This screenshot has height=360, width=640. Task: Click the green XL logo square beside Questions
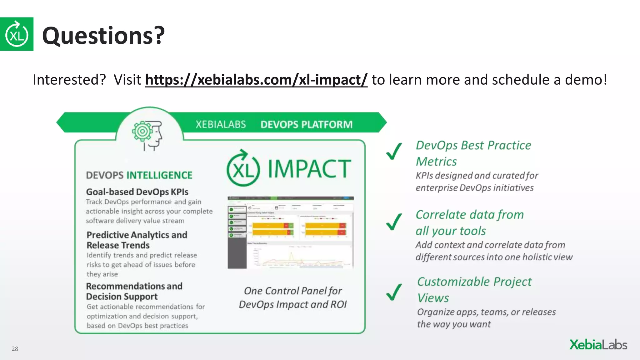17,34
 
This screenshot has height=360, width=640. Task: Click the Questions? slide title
103,36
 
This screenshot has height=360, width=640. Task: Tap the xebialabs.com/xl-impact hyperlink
256,80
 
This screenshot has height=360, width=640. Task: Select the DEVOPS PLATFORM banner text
306,125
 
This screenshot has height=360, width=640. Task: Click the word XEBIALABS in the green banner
221,125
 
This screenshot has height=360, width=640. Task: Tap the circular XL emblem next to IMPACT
243,169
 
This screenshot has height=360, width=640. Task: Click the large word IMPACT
309,169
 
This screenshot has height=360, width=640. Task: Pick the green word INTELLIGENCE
159,175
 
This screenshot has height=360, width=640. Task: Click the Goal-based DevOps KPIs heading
137,192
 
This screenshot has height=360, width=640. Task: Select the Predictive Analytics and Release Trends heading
137,240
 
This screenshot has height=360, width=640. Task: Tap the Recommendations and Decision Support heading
134,291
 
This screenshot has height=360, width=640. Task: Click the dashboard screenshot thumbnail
291,232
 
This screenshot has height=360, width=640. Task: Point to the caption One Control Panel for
293,291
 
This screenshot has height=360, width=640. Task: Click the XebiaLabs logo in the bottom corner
598,345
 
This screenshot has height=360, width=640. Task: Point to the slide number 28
15,349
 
